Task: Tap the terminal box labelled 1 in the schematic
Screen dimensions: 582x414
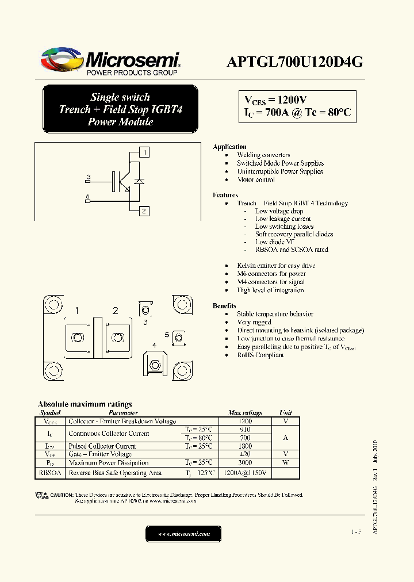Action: click(144, 152)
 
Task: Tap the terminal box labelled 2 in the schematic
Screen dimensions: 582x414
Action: click(144, 211)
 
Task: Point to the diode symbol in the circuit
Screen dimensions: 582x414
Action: click(138, 181)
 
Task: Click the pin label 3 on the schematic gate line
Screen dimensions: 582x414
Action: click(88, 177)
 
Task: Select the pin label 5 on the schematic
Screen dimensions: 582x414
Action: click(87, 197)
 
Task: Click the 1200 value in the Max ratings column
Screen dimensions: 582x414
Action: click(244, 422)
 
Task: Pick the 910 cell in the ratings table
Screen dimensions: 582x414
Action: click(244, 430)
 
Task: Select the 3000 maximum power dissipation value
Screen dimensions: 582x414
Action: click(244, 462)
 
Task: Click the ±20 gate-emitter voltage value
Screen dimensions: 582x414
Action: click(244, 454)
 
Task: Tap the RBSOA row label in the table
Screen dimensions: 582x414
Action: click(50, 473)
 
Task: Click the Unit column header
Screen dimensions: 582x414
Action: click(286, 413)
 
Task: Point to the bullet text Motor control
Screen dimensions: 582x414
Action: click(256, 179)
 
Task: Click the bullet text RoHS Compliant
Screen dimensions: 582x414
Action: click(260, 355)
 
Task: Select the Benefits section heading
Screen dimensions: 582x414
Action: click(224, 306)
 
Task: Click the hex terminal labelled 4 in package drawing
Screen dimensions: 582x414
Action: click(154, 365)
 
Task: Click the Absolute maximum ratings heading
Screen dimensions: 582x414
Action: click(85, 404)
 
